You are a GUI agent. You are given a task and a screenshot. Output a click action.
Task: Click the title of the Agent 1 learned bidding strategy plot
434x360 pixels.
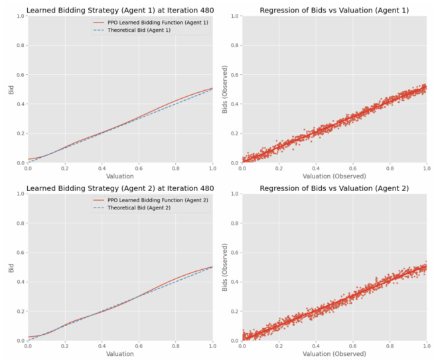(x=119, y=9)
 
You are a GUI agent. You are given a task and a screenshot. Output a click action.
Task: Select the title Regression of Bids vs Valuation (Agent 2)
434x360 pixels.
(x=334, y=188)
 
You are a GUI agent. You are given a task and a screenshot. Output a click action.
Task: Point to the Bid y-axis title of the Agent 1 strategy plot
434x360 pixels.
(x=11, y=89)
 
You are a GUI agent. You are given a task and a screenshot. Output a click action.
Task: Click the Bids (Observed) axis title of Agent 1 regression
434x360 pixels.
(x=226, y=89)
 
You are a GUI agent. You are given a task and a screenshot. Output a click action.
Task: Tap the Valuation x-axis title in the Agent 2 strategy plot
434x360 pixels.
(x=119, y=353)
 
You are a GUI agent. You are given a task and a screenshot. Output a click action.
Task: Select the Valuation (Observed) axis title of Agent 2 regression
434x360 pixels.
(x=334, y=353)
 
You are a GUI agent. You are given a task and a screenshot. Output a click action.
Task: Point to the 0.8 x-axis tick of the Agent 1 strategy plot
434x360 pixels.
(x=175, y=168)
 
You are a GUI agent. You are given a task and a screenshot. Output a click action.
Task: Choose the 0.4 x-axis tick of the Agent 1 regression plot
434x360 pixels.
(x=315, y=168)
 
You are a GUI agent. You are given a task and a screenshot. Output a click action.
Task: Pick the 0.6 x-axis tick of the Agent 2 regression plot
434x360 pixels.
(x=352, y=346)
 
